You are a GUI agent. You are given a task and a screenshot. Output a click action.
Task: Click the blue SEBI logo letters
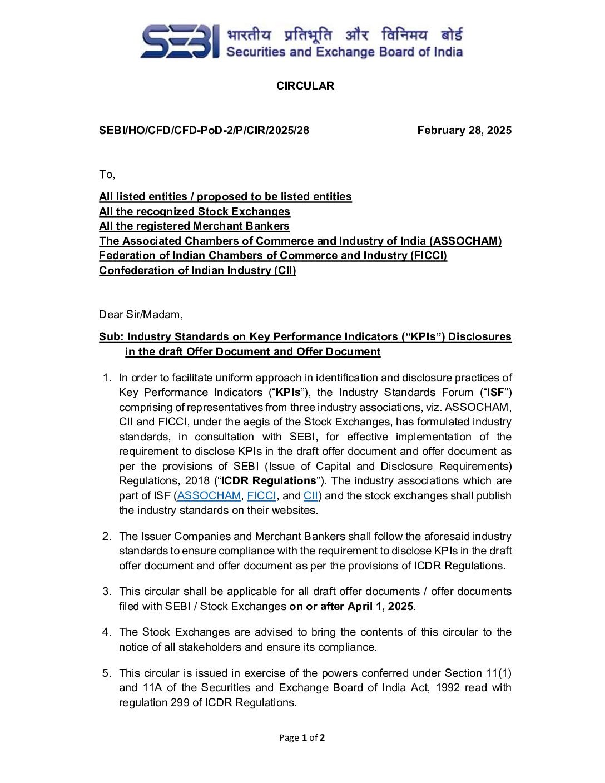coord(179,42)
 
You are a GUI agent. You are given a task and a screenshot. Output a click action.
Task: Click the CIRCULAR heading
coord(305,86)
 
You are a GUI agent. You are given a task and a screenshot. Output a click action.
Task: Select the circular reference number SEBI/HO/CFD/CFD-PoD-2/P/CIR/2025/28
coord(204,130)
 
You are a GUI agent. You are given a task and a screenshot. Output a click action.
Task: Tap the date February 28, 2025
coord(464,130)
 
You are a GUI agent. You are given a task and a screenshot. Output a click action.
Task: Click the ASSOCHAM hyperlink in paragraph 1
coord(209,495)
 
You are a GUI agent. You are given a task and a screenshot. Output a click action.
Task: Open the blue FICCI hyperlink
coord(261,495)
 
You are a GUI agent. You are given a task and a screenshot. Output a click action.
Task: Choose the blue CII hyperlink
coord(311,495)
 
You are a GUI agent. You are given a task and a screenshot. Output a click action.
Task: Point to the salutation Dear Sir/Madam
coord(141,314)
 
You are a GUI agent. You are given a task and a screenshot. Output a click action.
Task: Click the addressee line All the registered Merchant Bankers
coord(194,226)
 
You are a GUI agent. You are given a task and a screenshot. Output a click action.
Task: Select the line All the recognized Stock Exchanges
coord(194,211)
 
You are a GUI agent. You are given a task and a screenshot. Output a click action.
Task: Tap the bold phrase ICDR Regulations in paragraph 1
coord(269,480)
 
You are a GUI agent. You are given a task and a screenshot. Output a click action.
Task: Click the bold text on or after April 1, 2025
coord(351,606)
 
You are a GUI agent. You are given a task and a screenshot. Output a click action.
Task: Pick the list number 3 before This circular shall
coord(106,591)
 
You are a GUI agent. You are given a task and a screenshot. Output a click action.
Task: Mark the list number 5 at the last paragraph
coord(106,673)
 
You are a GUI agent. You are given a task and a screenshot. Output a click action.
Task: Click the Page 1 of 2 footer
coord(302,737)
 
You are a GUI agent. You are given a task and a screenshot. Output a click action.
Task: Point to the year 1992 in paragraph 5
coord(448,687)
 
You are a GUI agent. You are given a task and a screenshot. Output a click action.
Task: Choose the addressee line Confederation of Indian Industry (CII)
coord(197,270)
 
